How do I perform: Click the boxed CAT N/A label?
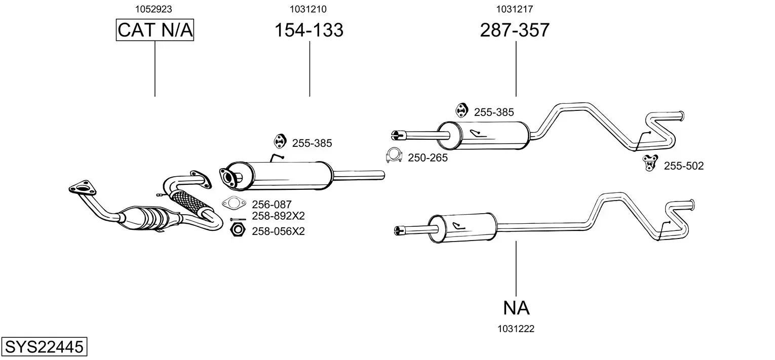click(154, 30)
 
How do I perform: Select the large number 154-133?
click(308, 30)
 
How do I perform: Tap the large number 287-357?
click(514, 30)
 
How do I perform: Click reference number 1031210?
click(308, 9)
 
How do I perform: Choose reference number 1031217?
click(514, 9)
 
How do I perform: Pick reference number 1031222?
click(516, 329)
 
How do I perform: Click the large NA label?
click(516, 307)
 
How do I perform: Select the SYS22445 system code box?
click(44, 347)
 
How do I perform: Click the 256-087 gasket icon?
click(234, 204)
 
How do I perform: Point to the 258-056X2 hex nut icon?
click(237, 231)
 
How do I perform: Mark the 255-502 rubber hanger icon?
click(649, 163)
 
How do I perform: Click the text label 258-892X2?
click(278, 216)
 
